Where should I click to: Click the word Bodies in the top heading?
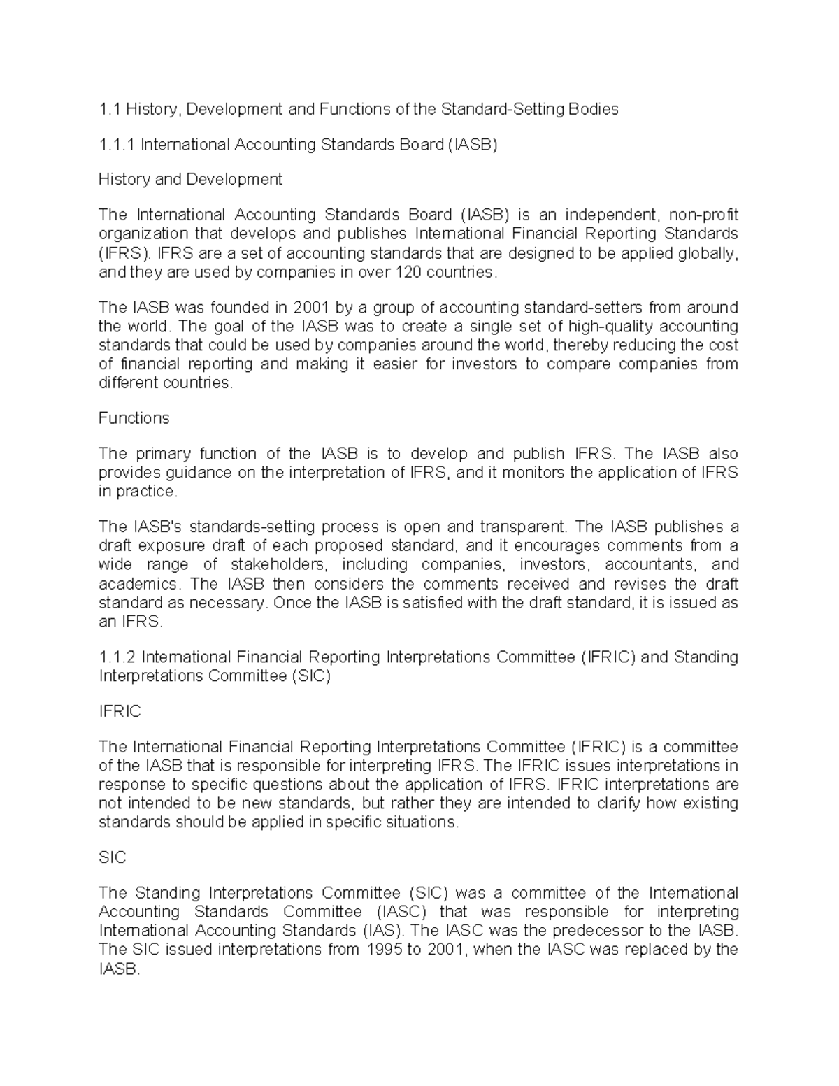pyautogui.click(x=594, y=109)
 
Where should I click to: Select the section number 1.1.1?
pyautogui.click(x=116, y=145)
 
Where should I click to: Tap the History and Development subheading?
pyautogui.click(x=190, y=180)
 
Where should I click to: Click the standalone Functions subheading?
pyautogui.click(x=134, y=418)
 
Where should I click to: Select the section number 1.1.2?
pyautogui.click(x=117, y=657)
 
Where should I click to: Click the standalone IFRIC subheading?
pyautogui.click(x=120, y=712)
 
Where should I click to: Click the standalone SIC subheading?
pyautogui.click(x=112, y=858)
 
